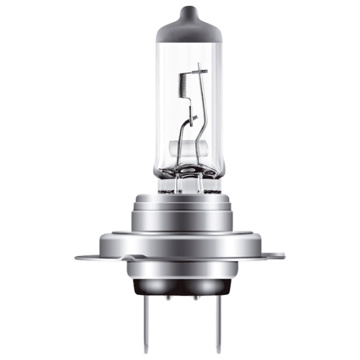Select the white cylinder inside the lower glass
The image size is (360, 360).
coord(180,145)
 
